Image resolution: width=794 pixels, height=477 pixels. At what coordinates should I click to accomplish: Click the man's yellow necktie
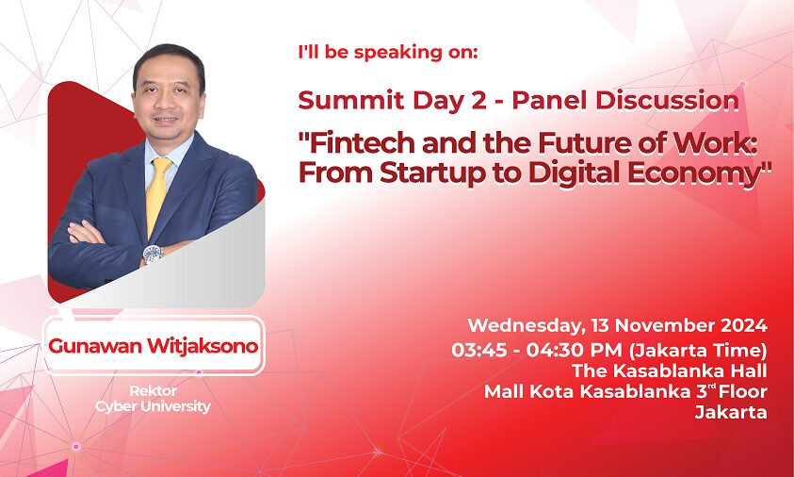tap(157, 195)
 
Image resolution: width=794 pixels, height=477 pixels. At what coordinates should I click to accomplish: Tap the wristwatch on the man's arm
tap(153, 254)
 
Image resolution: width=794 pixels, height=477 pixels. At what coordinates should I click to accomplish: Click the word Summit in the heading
tap(351, 100)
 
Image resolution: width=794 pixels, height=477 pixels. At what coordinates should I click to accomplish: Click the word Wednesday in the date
tap(523, 325)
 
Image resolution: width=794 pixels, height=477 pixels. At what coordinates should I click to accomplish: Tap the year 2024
tap(743, 325)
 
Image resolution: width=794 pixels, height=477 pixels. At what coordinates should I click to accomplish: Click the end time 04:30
tap(553, 350)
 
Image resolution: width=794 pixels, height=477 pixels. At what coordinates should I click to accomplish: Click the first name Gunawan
tap(95, 346)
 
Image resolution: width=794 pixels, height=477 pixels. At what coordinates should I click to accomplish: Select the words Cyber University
tap(153, 406)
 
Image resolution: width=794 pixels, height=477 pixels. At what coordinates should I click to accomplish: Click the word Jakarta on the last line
tap(731, 412)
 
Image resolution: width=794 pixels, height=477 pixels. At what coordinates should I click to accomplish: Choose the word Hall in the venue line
tap(748, 370)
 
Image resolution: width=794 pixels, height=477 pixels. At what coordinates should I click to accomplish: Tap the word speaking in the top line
tap(397, 53)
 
